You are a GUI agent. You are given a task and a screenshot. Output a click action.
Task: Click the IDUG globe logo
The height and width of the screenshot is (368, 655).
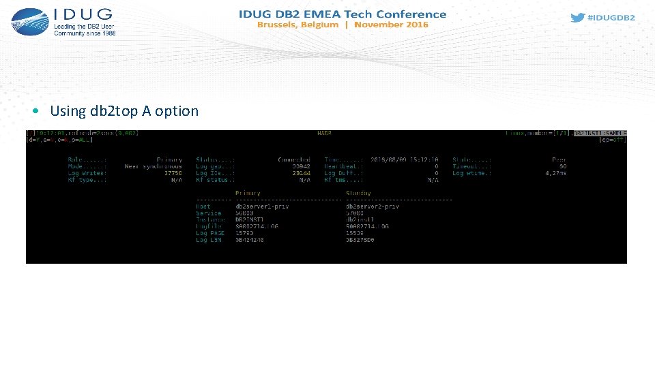coord(29,22)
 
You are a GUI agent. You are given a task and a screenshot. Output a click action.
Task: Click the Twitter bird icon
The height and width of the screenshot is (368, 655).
coord(577,18)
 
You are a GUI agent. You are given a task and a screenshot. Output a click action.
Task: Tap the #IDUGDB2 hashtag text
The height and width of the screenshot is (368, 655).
coord(611,18)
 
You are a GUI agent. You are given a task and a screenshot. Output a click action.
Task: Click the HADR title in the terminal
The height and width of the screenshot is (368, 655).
coord(325,133)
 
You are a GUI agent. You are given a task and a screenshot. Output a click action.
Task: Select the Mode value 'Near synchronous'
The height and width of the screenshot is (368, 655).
coord(154,166)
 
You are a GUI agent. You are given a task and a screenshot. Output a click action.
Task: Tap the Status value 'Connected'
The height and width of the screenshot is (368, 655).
coord(294,159)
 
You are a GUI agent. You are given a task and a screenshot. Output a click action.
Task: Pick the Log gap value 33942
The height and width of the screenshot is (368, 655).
coord(301,166)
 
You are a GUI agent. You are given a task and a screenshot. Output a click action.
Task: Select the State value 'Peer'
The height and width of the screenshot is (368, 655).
coord(559,159)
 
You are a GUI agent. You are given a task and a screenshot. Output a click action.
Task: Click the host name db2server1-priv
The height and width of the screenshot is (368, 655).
coord(260,206)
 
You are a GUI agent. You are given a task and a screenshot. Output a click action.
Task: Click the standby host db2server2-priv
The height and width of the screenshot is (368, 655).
coord(373,206)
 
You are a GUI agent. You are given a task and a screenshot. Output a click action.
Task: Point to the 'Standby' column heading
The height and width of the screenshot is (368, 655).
coord(358,194)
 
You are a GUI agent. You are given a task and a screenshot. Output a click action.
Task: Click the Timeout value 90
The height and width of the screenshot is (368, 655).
coord(563,166)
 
